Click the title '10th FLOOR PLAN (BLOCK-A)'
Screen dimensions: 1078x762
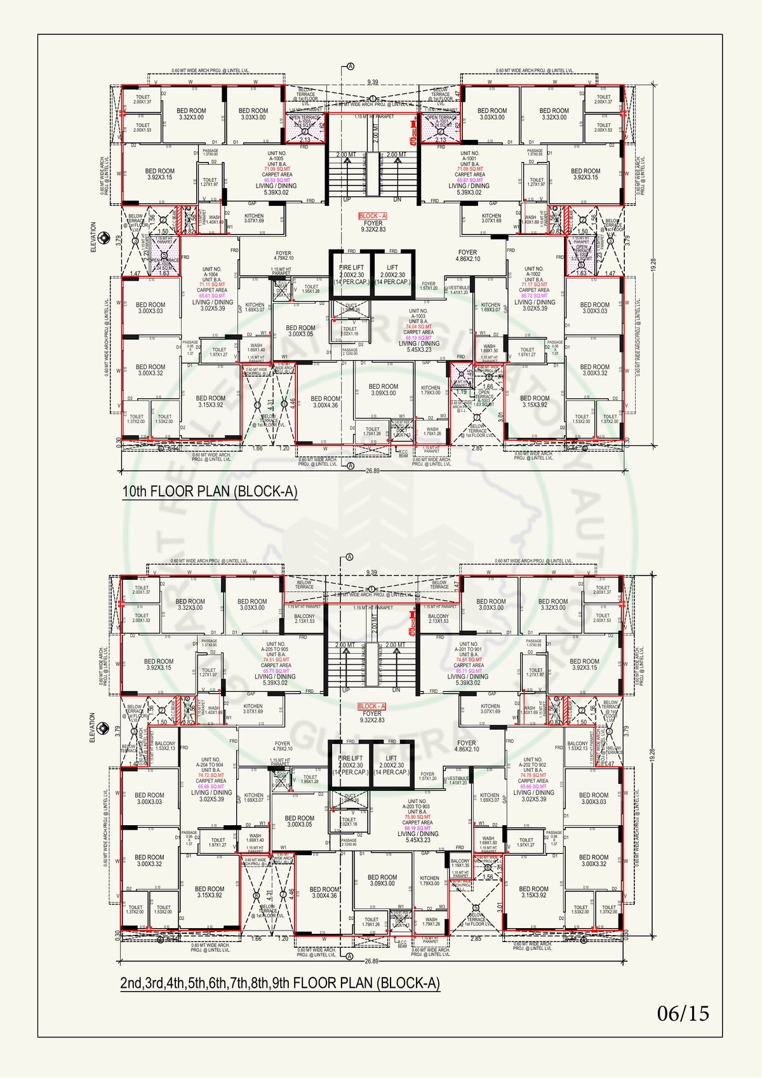coord(210,492)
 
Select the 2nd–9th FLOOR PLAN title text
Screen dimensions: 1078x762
coord(279,983)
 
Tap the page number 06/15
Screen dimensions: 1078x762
coord(683,1013)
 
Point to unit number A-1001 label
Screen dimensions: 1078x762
coord(470,159)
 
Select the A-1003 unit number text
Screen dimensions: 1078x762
coord(418,316)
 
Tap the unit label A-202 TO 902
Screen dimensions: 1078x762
coord(533,765)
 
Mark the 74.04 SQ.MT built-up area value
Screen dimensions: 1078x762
coord(418,327)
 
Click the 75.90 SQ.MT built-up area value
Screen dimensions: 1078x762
coord(417,817)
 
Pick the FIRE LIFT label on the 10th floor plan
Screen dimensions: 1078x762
coord(351,268)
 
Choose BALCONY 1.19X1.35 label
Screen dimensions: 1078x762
coord(460,863)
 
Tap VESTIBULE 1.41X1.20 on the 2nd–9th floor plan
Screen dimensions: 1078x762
coord(458,781)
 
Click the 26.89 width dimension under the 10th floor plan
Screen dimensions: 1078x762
coord(373,471)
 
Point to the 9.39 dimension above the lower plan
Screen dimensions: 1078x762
coord(371,573)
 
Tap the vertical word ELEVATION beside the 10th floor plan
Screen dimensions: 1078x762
coord(93,237)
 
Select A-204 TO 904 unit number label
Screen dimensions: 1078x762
coord(211,765)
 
